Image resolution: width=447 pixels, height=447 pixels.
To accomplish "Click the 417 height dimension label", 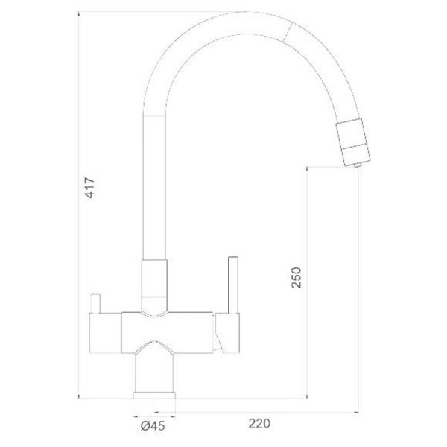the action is pyautogui.click(x=90, y=188).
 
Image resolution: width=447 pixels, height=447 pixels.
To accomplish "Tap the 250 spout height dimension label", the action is pyautogui.click(x=297, y=277).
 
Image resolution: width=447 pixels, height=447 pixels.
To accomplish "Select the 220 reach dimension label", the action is pyautogui.click(x=259, y=423).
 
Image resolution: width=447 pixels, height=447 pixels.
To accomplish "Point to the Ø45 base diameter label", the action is pyautogui.click(x=153, y=426).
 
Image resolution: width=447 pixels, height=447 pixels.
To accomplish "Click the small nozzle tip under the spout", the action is pyautogui.click(x=358, y=165).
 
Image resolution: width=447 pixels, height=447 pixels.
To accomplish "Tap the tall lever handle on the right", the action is pyautogui.click(x=233, y=285).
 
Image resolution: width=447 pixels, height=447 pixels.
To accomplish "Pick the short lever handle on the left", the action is pyautogui.click(x=95, y=303).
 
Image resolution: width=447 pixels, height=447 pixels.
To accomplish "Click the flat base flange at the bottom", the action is pyautogui.click(x=154, y=396).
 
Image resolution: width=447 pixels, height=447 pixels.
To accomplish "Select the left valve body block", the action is pyautogui.click(x=106, y=333).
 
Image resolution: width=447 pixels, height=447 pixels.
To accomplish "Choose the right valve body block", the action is pyautogui.click(x=227, y=333).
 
